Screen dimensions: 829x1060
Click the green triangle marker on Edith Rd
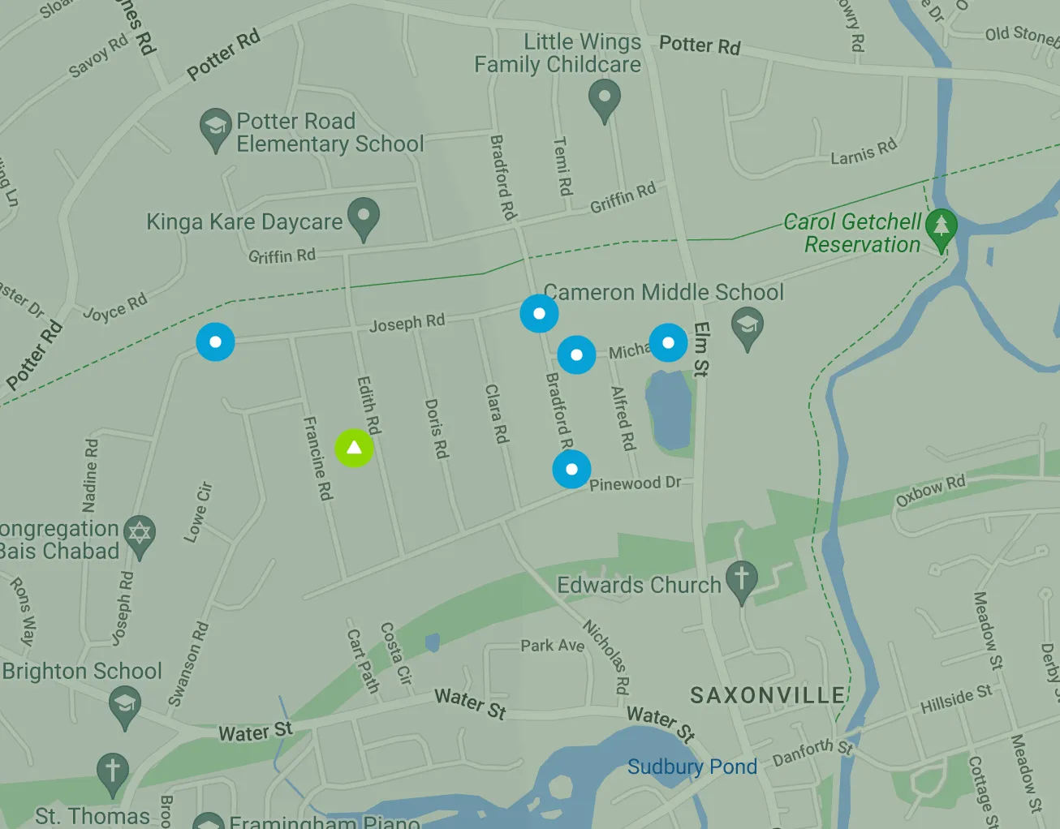tap(354, 448)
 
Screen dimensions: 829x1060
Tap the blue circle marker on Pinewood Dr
tap(571, 469)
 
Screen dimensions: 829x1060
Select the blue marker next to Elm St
tap(668, 342)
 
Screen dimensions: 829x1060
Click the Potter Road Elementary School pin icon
tap(215, 128)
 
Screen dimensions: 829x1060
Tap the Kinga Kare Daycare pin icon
tap(364, 217)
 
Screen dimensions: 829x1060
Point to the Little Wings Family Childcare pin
tap(604, 101)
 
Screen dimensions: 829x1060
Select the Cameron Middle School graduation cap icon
tap(748, 329)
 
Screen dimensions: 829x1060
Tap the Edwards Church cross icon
tap(740, 581)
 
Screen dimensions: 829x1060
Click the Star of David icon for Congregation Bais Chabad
tap(140, 535)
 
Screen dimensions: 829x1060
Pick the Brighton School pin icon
tap(124, 705)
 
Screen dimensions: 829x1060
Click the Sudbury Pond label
tap(692, 767)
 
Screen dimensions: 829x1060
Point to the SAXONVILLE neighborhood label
tap(767, 695)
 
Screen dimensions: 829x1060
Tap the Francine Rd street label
tap(317, 458)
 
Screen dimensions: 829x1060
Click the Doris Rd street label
tap(437, 428)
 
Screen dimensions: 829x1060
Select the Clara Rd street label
tap(496, 414)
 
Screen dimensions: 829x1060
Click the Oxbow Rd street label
tap(930, 490)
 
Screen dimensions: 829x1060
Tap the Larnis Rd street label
tap(864, 152)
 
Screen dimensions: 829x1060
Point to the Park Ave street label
tap(552, 646)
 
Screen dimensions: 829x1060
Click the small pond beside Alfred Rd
tap(669, 410)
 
